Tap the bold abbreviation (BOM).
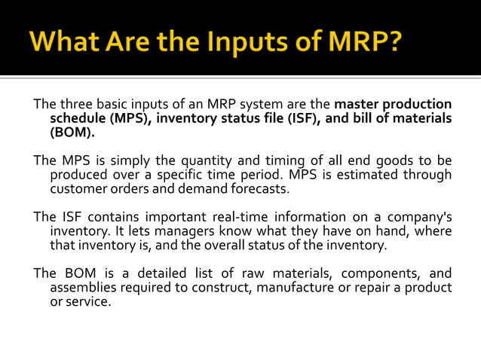point(72,133)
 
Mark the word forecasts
point(263,189)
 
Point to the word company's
point(420,217)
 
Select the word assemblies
point(82,288)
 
